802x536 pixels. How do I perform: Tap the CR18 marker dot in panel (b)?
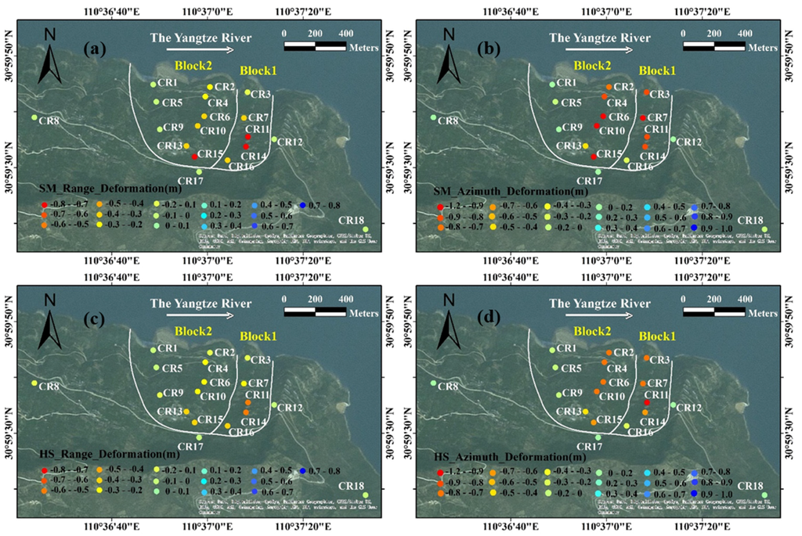click(764, 228)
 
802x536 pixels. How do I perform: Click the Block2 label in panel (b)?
click(592, 66)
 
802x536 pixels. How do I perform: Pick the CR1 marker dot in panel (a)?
click(154, 85)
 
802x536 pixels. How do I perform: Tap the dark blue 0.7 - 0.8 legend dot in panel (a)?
click(303, 204)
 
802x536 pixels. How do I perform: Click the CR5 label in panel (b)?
click(571, 103)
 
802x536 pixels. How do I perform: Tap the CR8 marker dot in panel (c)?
click(34, 383)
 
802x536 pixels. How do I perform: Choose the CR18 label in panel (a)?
click(352, 219)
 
